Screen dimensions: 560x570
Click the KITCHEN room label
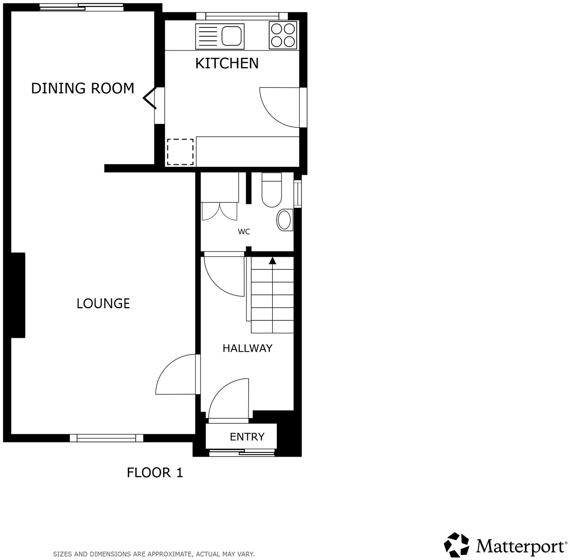(227, 63)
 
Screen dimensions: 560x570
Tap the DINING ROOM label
(83, 88)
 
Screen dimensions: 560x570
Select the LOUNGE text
(103, 304)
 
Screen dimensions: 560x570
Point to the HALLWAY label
(247, 348)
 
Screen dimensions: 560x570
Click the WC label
(244, 232)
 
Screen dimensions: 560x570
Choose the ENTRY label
(247, 437)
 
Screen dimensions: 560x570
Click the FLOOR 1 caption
(155, 472)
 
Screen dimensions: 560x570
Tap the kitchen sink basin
(232, 36)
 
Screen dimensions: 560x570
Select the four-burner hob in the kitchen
(283, 35)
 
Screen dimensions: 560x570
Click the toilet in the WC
(272, 192)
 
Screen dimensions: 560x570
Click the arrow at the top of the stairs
(272, 261)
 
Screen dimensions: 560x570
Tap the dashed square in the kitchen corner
(180, 152)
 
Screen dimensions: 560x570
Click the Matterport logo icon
(456, 545)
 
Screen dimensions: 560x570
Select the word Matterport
(521, 547)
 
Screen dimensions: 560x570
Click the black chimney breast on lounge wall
(18, 295)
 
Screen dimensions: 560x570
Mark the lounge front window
(107, 439)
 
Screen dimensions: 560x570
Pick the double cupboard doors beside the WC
(219, 211)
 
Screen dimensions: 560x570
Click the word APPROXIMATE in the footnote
(165, 554)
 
